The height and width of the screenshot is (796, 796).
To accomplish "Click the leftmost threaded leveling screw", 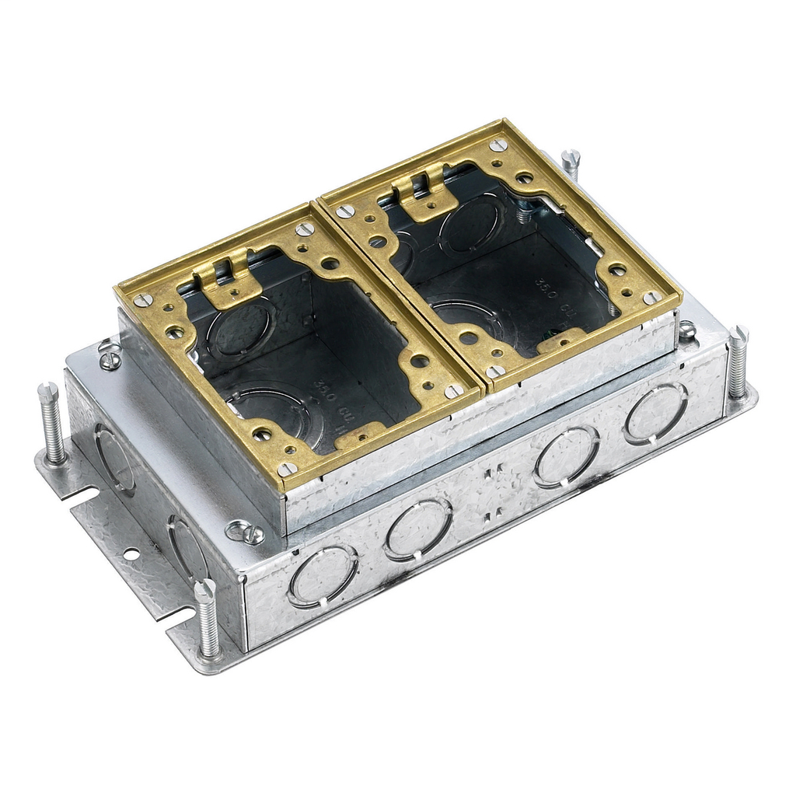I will pyautogui.click(x=52, y=424).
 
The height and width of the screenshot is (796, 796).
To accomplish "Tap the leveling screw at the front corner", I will pyautogui.click(x=208, y=620).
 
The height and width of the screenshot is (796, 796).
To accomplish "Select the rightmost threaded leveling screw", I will pyautogui.click(x=737, y=363).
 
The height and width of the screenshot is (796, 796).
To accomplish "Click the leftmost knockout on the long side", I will pyautogui.click(x=323, y=575).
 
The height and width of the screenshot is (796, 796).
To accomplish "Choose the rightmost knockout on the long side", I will pyautogui.click(x=655, y=412).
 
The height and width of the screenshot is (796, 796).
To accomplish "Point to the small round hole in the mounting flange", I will pyautogui.click(x=131, y=553).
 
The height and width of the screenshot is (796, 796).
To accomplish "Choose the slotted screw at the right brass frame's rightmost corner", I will pyautogui.click(x=651, y=298).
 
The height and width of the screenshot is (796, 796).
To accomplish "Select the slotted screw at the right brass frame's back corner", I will pyautogui.click(x=498, y=145).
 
